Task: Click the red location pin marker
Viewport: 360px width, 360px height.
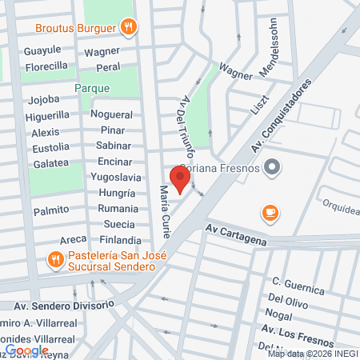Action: click(x=181, y=181)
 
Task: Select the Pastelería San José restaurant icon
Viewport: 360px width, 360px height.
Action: click(x=55, y=258)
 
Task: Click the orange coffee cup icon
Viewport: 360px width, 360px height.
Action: click(x=270, y=213)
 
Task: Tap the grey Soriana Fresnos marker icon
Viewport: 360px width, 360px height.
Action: click(x=273, y=167)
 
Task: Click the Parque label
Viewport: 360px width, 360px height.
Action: click(x=91, y=86)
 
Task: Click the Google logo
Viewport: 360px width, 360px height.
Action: click(x=26, y=350)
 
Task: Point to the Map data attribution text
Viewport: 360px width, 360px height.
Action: click(x=313, y=354)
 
